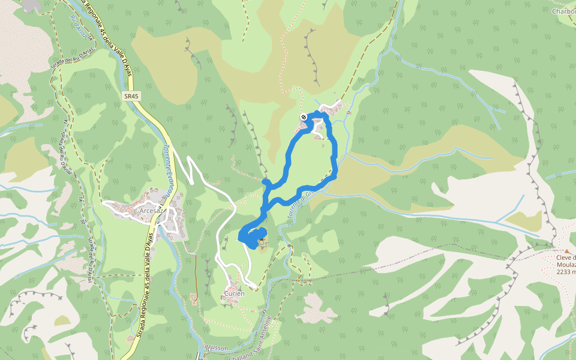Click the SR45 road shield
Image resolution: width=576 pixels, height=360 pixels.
click(131, 96)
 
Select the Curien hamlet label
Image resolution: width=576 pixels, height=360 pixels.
click(235, 293)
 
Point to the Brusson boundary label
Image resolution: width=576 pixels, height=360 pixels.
click(217, 348)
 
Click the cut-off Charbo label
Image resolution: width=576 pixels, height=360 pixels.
click(564, 10)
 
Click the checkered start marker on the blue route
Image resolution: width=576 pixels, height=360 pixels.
click(304, 116)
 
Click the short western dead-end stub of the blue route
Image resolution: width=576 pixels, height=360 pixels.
click(266, 181)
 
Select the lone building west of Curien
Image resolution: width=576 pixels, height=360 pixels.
click(194, 297)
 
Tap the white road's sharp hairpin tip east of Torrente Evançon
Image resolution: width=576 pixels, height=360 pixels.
click(190, 159)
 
